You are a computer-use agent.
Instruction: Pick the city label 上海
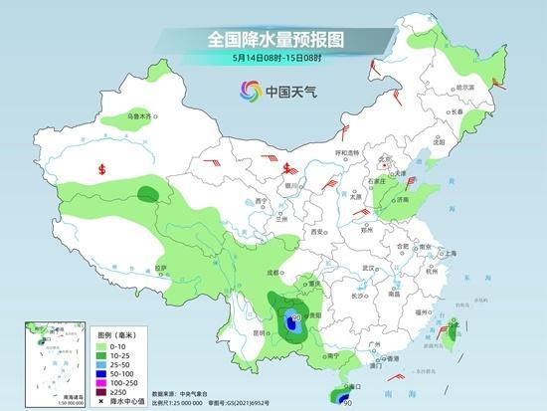click(450, 254)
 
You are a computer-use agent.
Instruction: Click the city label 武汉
click(371, 268)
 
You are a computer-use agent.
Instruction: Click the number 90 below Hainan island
click(347, 402)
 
